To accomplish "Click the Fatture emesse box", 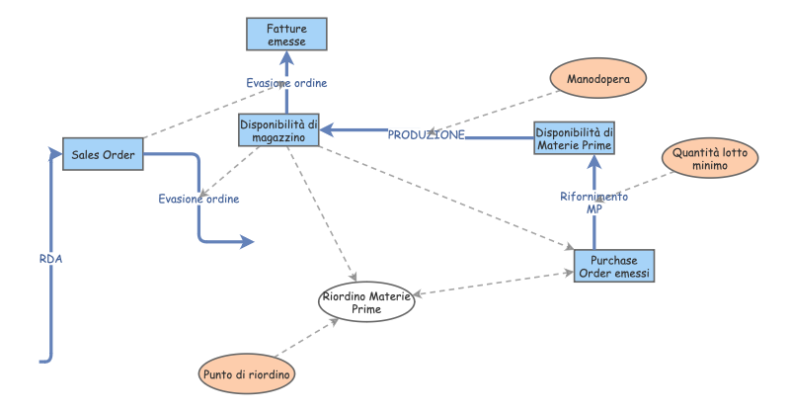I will (285, 35).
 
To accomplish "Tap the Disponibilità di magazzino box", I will (279, 130).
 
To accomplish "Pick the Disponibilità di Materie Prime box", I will (574, 138).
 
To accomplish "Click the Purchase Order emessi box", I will (613, 265).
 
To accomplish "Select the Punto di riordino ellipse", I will (247, 374).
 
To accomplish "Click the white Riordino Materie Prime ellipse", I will (364, 302).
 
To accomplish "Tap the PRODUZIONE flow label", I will (426, 134).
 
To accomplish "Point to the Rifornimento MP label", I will (593, 203).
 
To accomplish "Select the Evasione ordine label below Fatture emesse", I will (286, 83).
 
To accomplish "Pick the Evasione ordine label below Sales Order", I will (198, 199).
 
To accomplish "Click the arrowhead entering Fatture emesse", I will (286, 57).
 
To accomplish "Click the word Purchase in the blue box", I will (613, 259).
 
